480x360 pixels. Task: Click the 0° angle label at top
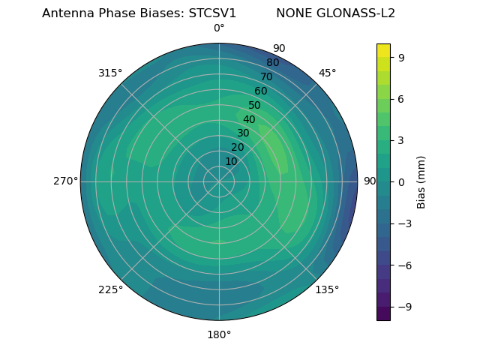tap(219, 28)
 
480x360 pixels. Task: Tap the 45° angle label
tap(327, 73)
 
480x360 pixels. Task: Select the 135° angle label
tap(327, 289)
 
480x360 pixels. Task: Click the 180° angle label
tap(219, 334)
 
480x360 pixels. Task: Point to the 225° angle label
tap(110, 289)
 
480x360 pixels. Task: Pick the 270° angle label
tap(65, 181)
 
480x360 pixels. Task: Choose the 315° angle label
tap(110, 73)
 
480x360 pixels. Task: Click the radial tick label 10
tap(231, 161)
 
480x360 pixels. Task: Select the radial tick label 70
tap(266, 76)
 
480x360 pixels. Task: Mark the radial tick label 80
tap(272, 62)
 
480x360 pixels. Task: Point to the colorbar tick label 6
tap(402, 98)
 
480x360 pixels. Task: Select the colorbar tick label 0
tap(402, 181)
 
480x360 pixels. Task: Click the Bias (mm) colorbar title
tap(421, 181)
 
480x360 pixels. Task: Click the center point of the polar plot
tap(219, 181)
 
